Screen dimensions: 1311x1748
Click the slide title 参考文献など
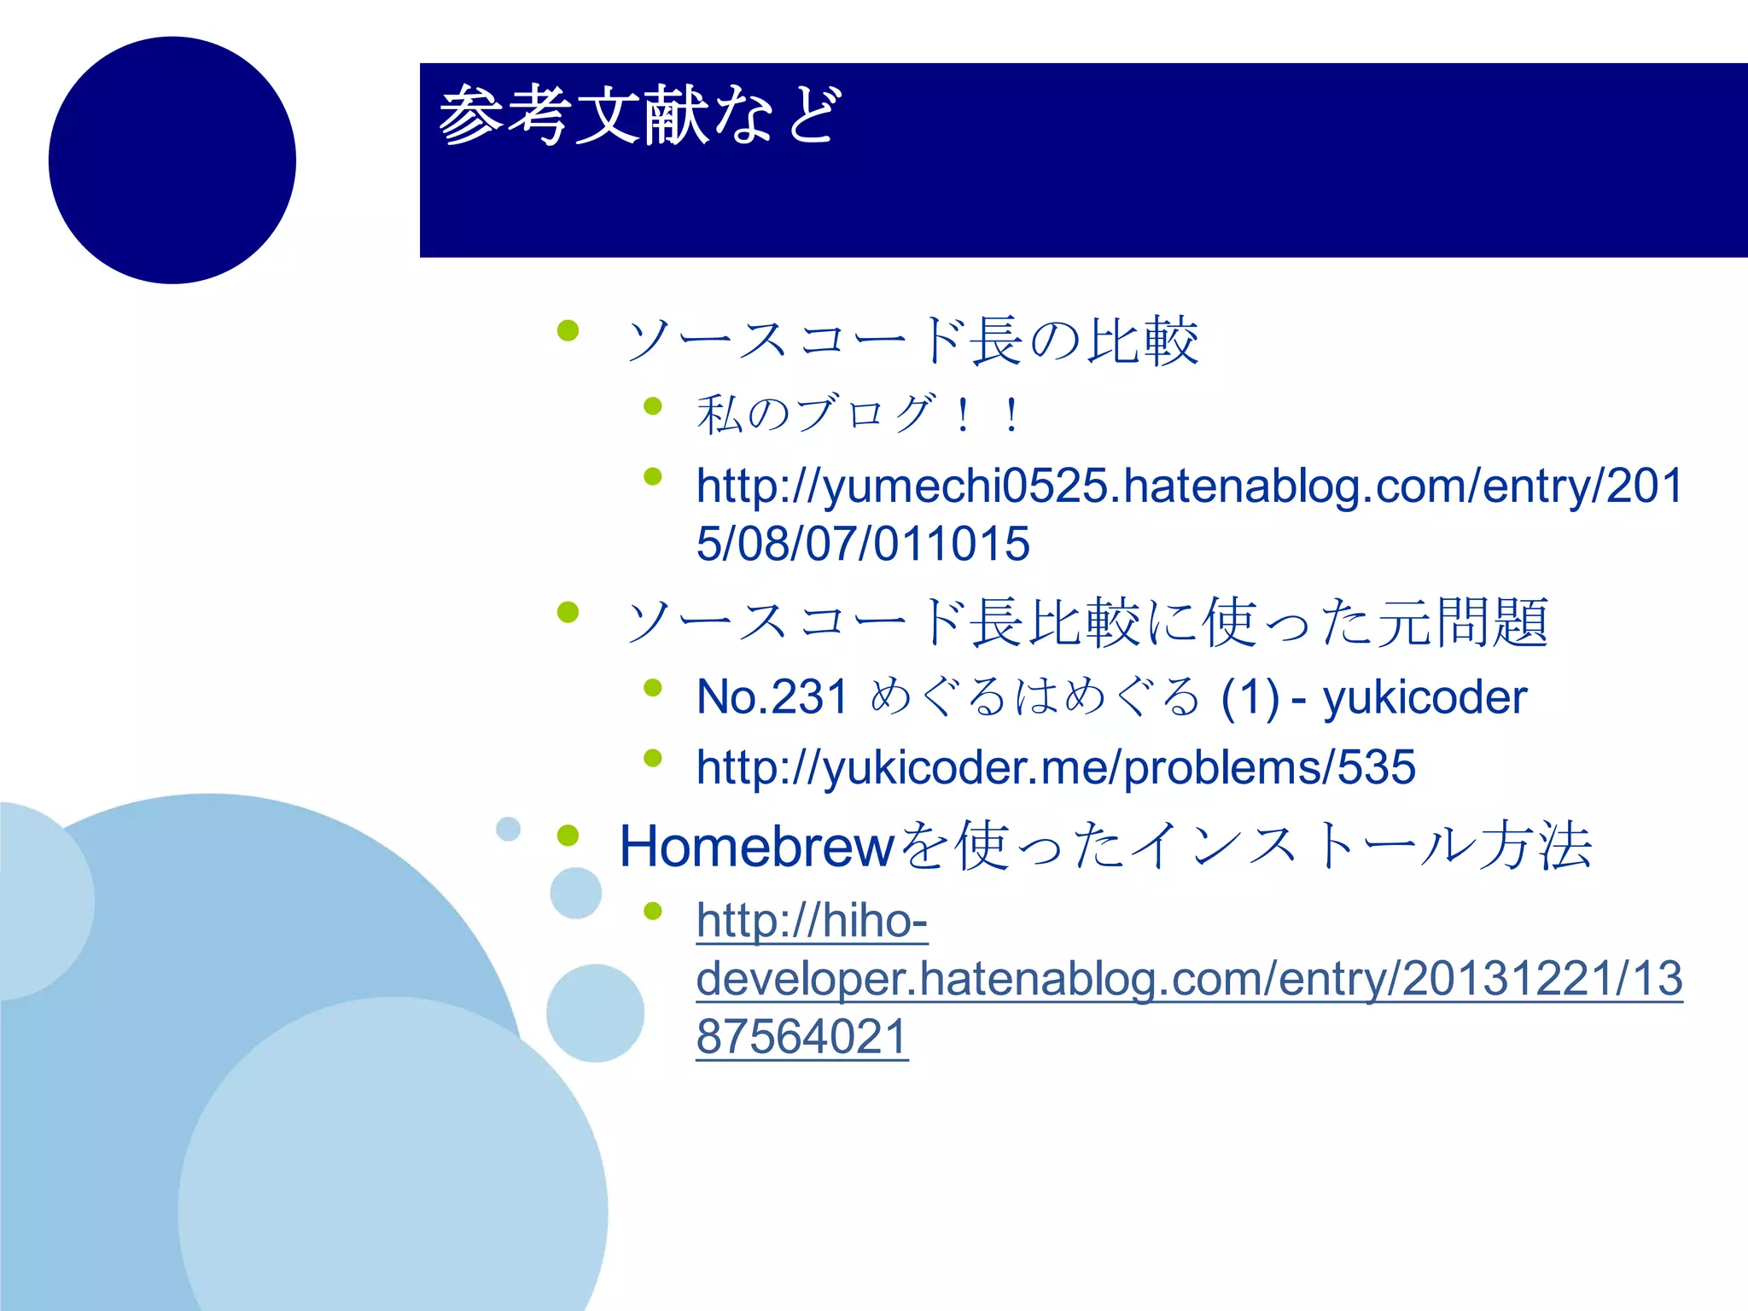(x=640, y=115)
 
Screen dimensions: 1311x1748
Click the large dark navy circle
(x=172, y=160)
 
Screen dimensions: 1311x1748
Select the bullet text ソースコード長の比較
(x=912, y=341)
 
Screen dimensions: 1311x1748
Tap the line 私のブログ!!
(x=858, y=414)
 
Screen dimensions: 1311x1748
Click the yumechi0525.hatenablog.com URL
(x=1188, y=486)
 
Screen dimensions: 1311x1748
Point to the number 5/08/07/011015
(x=863, y=544)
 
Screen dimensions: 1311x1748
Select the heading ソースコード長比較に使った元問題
(x=1087, y=621)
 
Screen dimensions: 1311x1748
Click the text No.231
(x=772, y=696)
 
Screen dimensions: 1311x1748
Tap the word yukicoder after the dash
(x=1425, y=696)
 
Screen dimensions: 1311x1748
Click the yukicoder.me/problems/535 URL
(x=1056, y=766)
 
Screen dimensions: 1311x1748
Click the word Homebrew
(x=756, y=846)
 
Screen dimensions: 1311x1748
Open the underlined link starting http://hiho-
(x=812, y=921)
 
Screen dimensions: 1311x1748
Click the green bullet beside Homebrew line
(x=568, y=836)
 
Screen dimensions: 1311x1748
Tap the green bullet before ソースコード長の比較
(x=568, y=330)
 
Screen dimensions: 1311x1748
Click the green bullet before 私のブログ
(x=653, y=406)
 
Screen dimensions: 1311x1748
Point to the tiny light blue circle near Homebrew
(x=508, y=829)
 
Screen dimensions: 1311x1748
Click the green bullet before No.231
(x=653, y=688)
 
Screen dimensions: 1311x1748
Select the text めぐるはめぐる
(x=1034, y=696)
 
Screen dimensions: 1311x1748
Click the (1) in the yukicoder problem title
(x=1250, y=696)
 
